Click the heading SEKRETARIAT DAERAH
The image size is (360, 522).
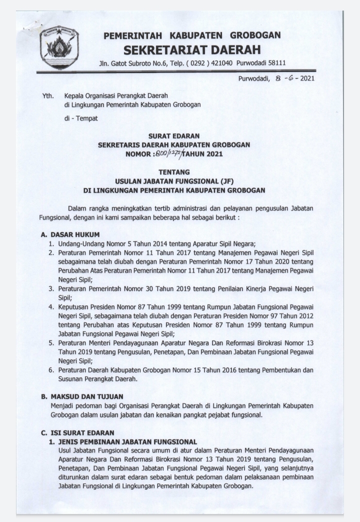[192, 50]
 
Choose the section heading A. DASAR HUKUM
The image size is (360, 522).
[70, 234]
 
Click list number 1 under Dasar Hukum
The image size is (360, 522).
[51, 244]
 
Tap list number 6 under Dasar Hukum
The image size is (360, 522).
[51, 370]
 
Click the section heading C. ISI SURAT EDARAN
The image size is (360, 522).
[78, 432]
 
